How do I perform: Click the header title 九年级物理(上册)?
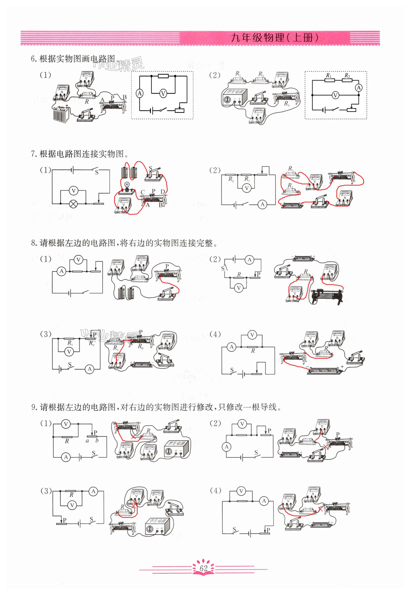point(275,38)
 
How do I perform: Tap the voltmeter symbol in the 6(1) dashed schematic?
point(163,94)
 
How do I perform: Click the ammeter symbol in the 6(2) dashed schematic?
point(359,88)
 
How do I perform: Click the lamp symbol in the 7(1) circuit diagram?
point(74,204)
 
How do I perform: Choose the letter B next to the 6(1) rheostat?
point(125,97)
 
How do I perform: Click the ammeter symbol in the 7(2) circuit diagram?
point(262,204)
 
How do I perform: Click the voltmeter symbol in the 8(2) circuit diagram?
point(239,288)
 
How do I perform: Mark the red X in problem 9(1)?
point(133,436)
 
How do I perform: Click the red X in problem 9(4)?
point(320,509)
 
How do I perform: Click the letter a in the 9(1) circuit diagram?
point(87,441)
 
